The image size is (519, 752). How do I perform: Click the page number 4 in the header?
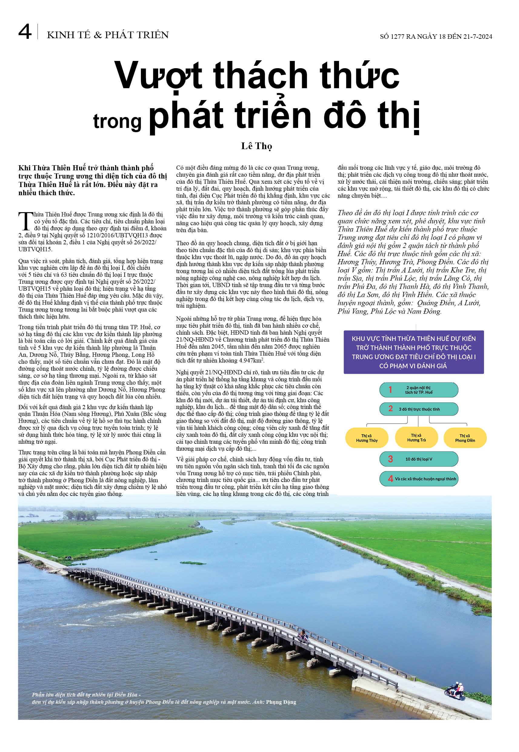pos(25,32)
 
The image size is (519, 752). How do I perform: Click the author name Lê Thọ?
pos(256,146)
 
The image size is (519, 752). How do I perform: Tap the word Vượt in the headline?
pos(158,75)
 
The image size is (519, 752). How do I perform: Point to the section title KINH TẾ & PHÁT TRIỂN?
pos(108,35)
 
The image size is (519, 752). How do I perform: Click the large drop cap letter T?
pos(26,221)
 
